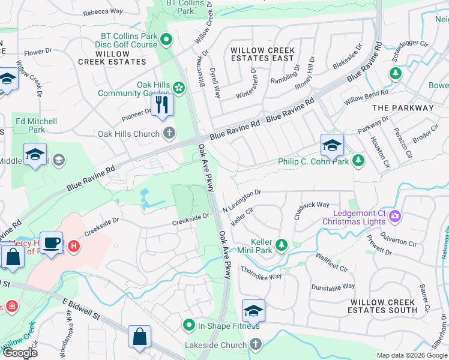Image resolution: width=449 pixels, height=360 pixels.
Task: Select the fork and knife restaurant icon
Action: [x=162, y=106]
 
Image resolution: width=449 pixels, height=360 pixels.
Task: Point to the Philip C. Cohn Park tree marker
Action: [x=358, y=161]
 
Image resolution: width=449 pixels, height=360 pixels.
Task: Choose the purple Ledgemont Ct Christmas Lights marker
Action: [x=395, y=215]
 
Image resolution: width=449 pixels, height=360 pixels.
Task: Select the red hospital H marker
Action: [x=73, y=246]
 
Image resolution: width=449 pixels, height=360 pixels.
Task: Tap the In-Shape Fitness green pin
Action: [x=188, y=325]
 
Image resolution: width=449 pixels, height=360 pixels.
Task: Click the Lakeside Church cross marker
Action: [x=256, y=344]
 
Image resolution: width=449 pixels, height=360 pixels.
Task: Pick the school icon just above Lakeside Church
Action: [x=253, y=311]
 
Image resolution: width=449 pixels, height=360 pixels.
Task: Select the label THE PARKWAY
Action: [x=403, y=108]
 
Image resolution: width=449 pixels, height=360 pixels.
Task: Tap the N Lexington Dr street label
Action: [x=242, y=200]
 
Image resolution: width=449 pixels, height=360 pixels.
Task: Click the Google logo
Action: [x=20, y=353]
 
